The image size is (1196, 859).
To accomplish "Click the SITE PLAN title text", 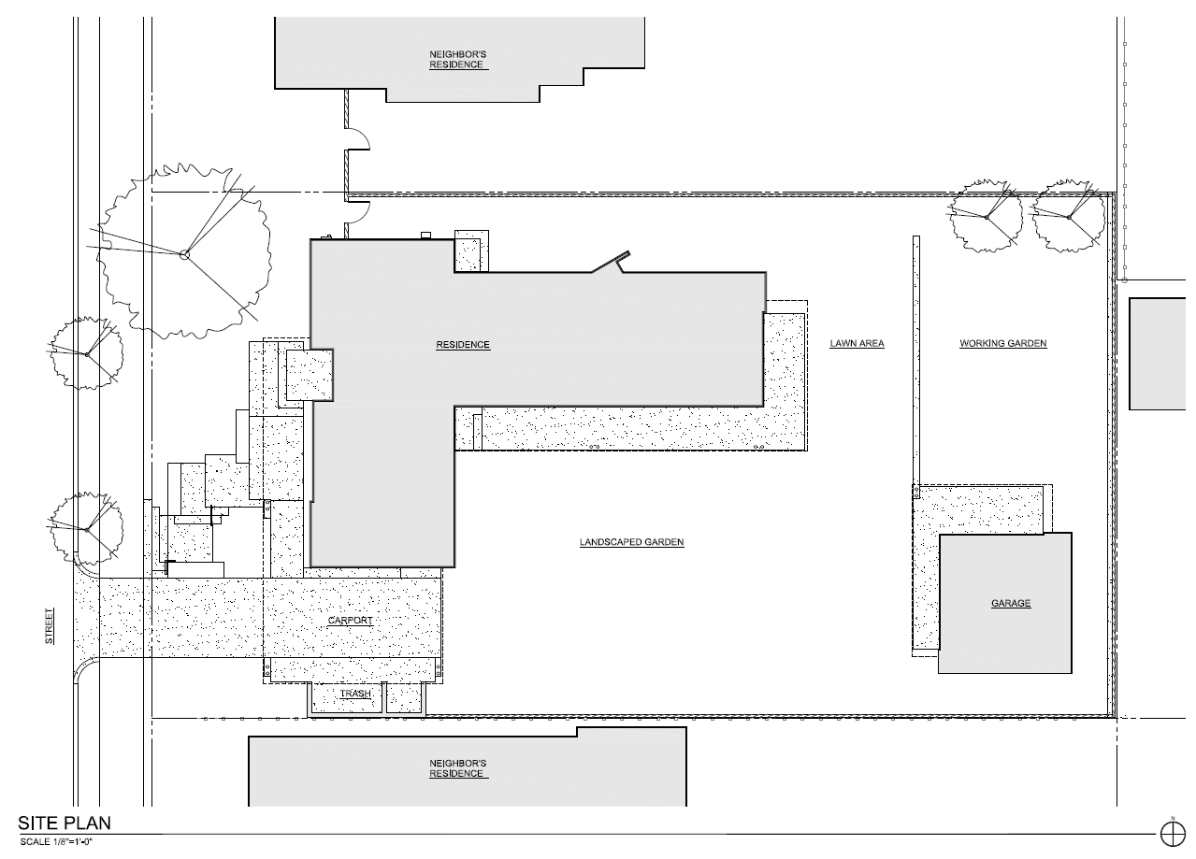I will coord(65,823).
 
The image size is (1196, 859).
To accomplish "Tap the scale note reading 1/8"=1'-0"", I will coord(56,842).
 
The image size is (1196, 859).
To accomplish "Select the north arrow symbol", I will coord(1171,831).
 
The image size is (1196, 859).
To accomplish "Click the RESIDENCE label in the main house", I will coord(463,345).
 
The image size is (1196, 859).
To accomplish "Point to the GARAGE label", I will coord(1011,604).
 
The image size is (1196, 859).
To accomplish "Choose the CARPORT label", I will coord(351,621).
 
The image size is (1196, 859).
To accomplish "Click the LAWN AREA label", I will coord(857,344).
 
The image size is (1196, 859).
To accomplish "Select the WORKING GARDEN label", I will coord(1002,344).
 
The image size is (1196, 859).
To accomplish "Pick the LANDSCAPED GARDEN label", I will coord(631,542).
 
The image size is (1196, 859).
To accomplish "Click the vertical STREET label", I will coord(50,626).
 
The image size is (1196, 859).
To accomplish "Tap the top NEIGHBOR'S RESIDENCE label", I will coord(457,60).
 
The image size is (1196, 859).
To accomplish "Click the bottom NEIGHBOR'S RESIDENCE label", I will coord(457,768).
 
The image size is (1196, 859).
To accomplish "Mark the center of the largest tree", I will coord(185,253).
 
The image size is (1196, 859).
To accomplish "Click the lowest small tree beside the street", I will coord(86,529).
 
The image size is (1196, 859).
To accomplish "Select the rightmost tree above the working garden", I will coord(1068,216).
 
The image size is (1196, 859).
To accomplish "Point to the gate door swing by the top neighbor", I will coord(358,142).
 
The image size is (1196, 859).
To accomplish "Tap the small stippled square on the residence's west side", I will coord(310,375).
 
